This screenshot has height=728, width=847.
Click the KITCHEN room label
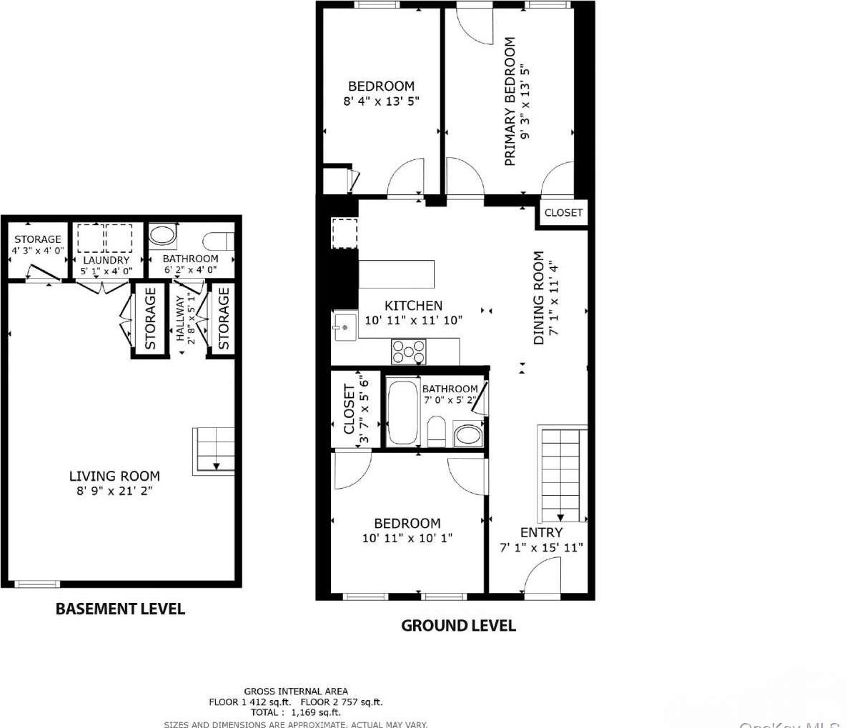[x=413, y=306]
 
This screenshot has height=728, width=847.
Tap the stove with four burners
[x=408, y=351]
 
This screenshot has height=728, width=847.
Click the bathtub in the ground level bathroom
[x=402, y=413]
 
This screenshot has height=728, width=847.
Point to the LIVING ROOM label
[x=114, y=476]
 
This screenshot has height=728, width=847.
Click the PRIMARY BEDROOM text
[x=510, y=102]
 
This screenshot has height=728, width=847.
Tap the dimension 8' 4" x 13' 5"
[x=381, y=101]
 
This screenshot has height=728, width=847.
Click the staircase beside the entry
[x=560, y=474]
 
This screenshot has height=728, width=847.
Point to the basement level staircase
[x=214, y=450]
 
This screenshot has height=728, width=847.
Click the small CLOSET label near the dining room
[x=563, y=213]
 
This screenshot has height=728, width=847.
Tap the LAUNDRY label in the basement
[x=105, y=260]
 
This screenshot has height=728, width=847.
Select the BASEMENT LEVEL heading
[x=120, y=609]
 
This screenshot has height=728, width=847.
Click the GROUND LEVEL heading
[x=458, y=625]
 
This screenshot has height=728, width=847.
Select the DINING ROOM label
[x=539, y=297]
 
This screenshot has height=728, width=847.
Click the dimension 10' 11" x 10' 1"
[x=407, y=538]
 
